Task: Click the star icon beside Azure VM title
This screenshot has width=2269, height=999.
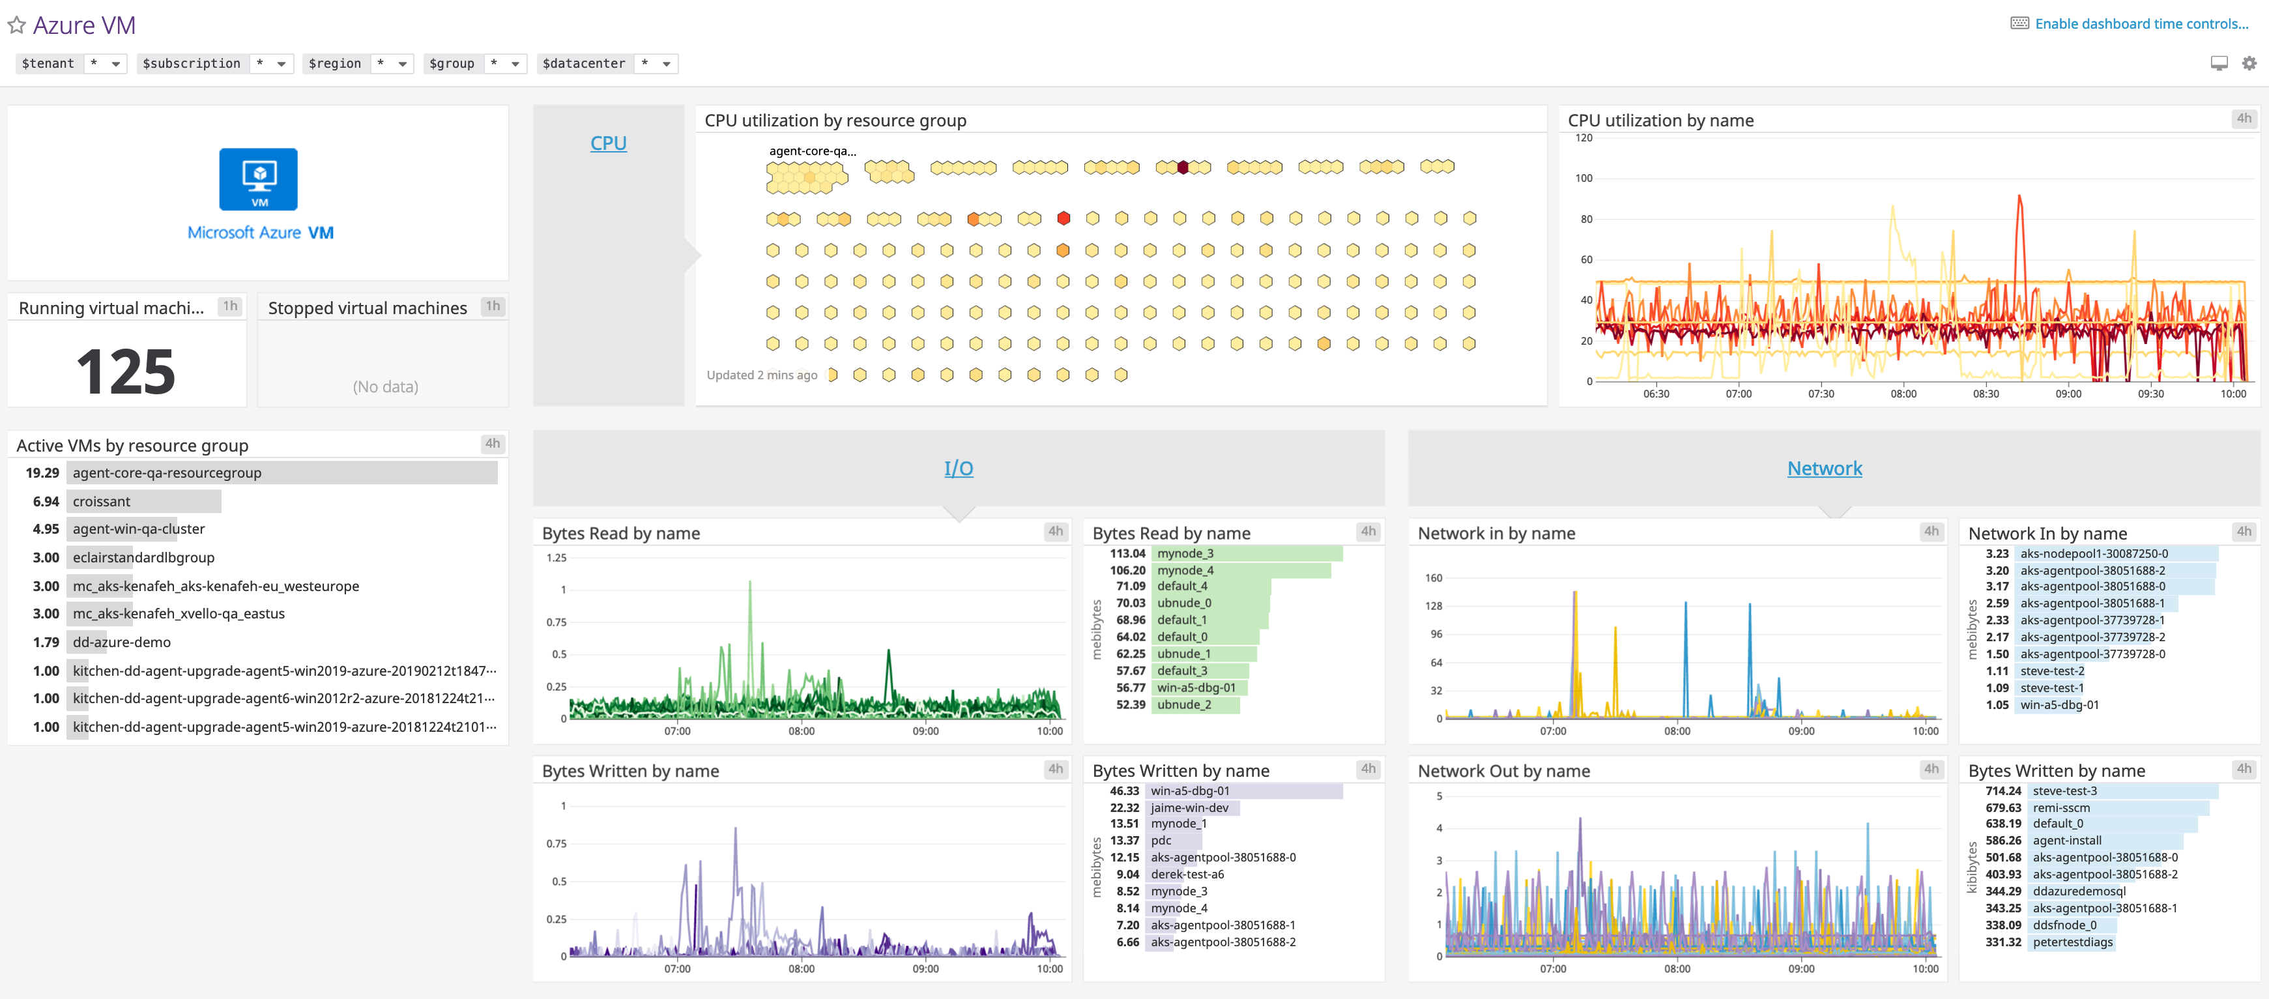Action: coord(16,25)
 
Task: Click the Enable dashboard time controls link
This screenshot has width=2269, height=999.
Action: coord(2141,23)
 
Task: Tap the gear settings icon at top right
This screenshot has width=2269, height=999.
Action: coord(2249,63)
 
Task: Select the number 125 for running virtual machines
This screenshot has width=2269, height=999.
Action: coord(126,371)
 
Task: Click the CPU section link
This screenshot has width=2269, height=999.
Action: coord(608,143)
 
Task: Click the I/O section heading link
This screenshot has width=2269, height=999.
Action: coord(959,469)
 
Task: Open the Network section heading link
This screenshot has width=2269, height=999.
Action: coord(1824,469)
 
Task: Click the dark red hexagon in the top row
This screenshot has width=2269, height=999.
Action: coord(1183,167)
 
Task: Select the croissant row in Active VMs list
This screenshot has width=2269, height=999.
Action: coord(101,501)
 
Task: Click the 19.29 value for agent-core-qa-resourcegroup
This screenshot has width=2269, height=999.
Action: coord(42,473)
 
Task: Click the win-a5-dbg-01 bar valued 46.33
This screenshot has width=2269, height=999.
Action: coord(1189,791)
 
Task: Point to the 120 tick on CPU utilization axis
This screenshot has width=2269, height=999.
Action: coord(1583,138)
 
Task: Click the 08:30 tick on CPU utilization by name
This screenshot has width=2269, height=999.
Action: coord(1986,394)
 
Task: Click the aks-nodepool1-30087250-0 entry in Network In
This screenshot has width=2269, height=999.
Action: coord(2094,553)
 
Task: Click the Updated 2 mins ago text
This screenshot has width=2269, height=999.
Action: coord(761,375)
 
